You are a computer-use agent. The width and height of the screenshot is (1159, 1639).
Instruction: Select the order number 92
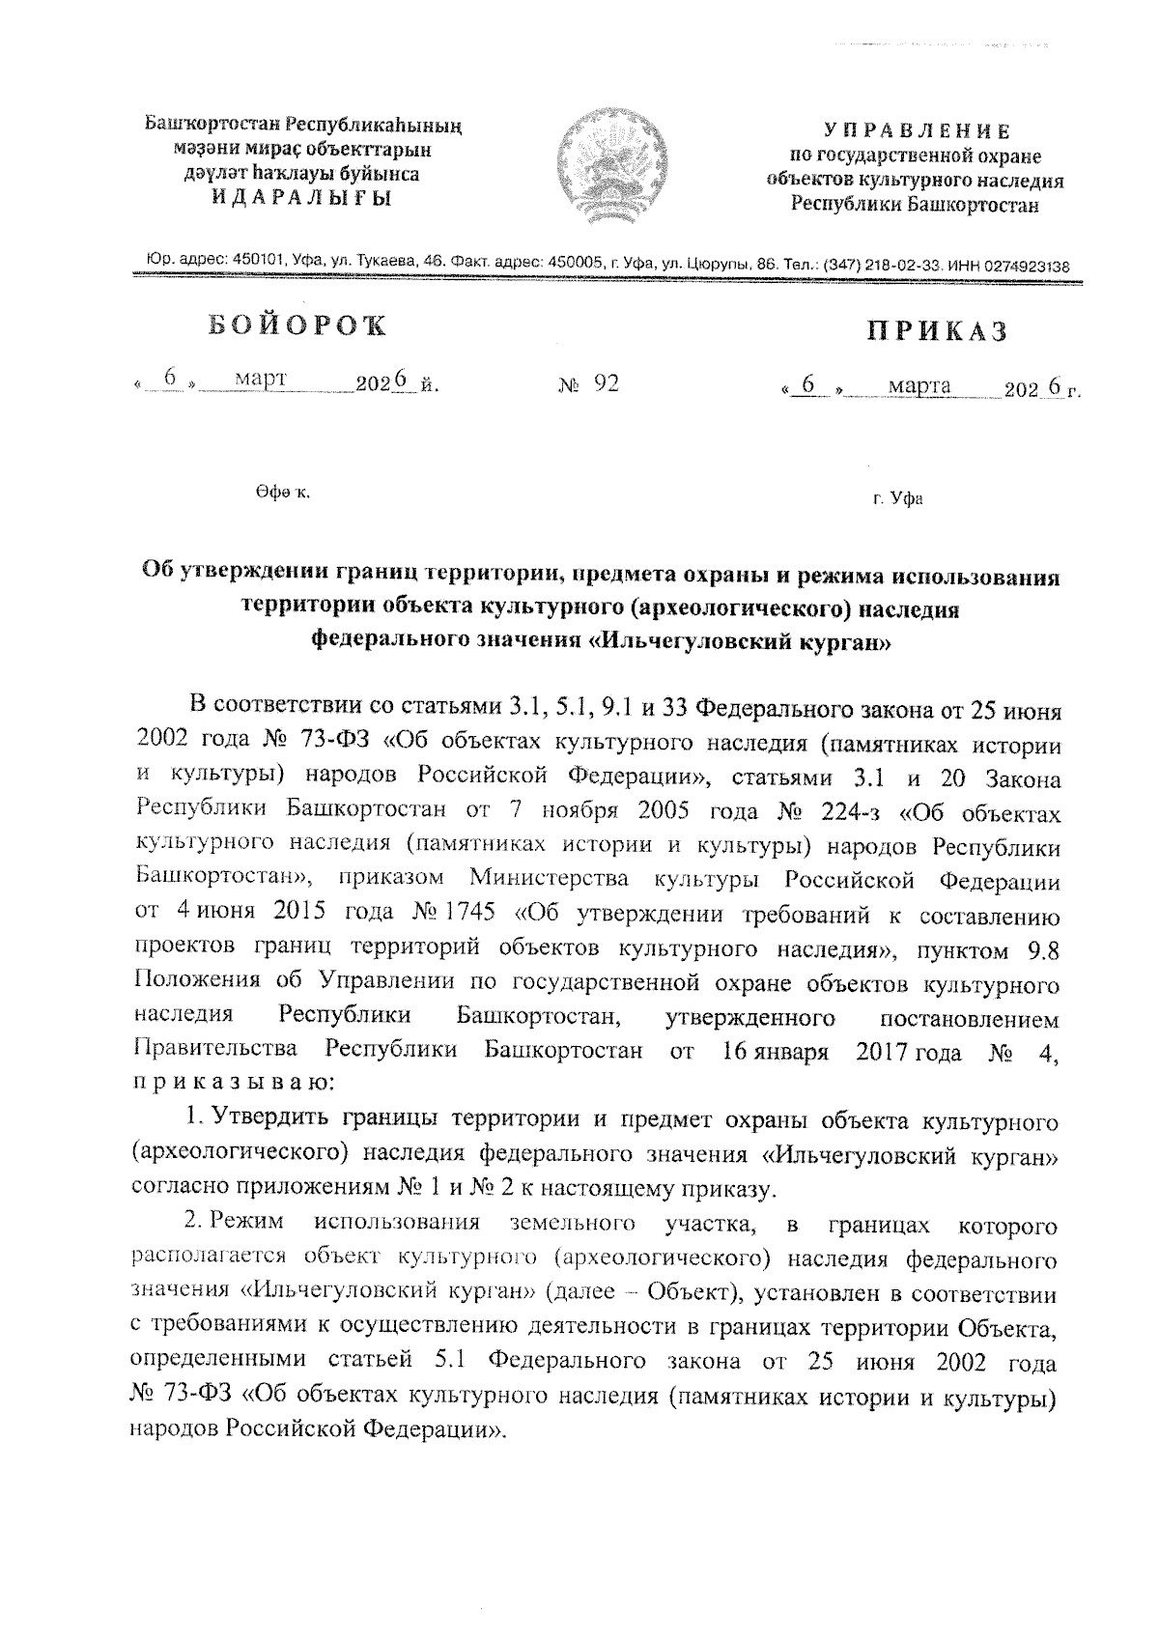point(607,384)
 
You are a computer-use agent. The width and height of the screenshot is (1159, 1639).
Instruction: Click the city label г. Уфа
point(896,499)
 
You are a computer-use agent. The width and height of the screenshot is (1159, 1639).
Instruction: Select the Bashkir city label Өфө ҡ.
point(282,493)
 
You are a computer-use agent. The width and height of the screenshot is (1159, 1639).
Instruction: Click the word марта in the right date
point(919,386)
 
